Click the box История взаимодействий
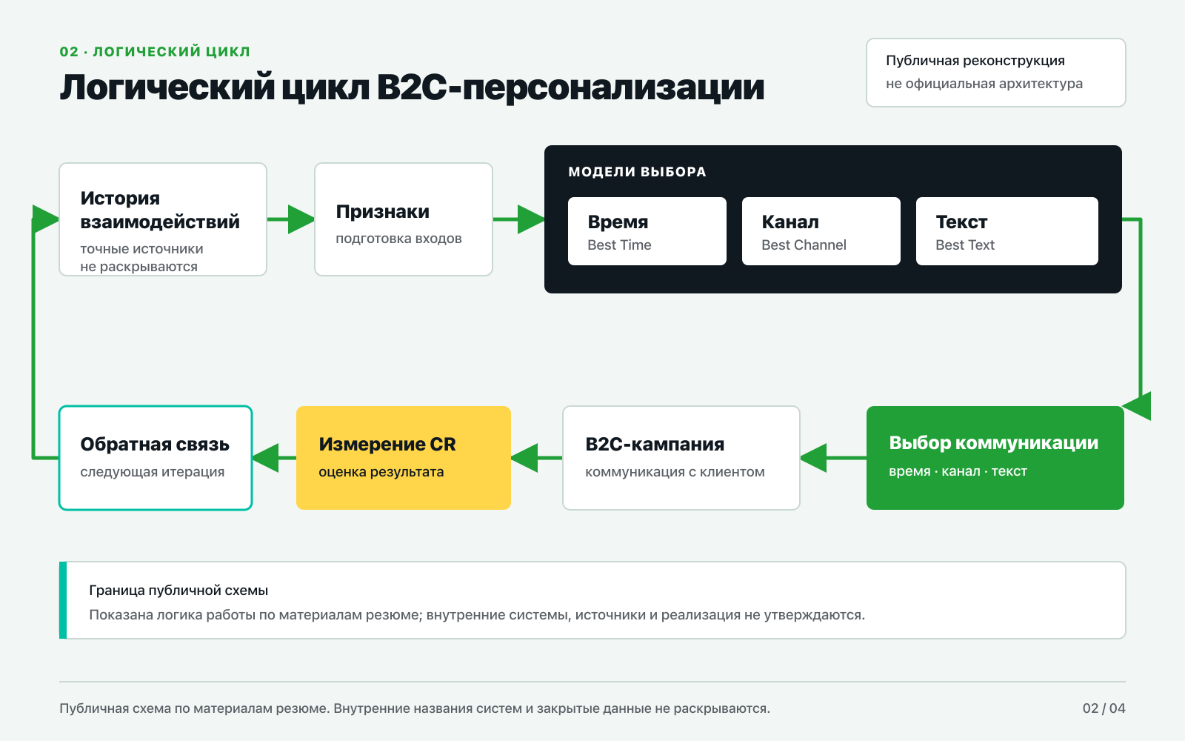coord(163,219)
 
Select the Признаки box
coord(404,219)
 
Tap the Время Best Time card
coord(647,231)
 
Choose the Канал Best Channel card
coord(821,231)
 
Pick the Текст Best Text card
coord(1007,231)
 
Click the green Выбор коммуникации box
coord(995,458)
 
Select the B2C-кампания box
coord(681,458)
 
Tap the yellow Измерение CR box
coord(404,458)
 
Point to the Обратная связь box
coord(156,458)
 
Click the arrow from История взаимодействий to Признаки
coord(290,219)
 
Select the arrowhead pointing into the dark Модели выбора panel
coord(531,219)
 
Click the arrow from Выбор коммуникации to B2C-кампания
coord(833,458)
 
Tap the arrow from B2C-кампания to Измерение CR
coord(537,458)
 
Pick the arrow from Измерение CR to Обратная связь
coord(274,458)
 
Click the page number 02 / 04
coord(1104,708)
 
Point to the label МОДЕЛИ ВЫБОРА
coord(637,171)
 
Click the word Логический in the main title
coord(167,87)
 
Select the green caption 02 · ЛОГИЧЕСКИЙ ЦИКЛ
coord(155,51)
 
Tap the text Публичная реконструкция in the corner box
coord(975,61)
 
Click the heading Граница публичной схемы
coord(178,590)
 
